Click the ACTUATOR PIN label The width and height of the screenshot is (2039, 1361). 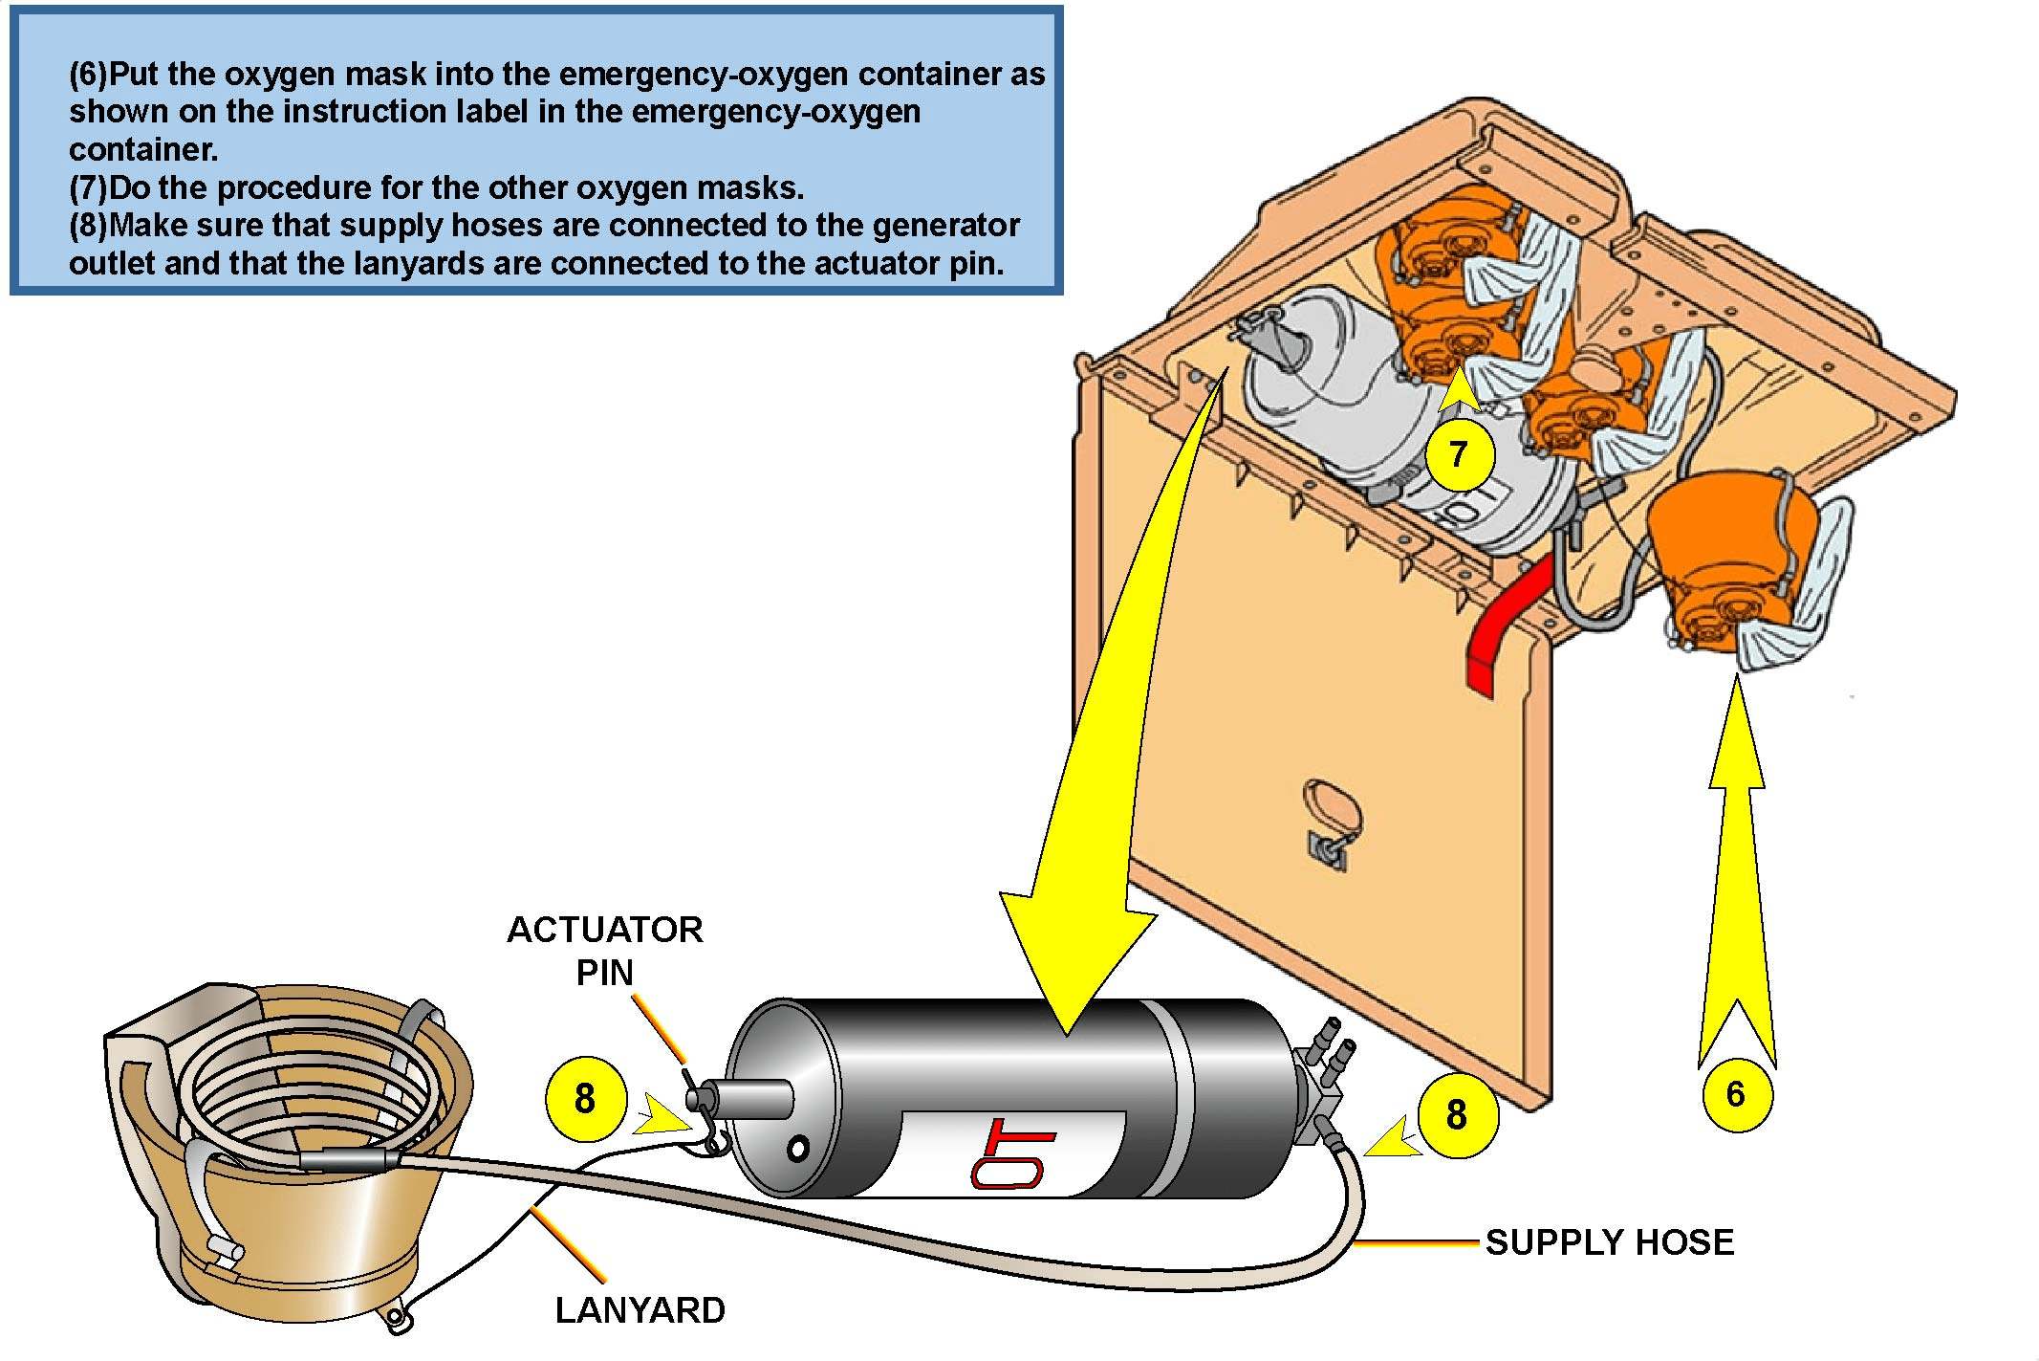(x=605, y=951)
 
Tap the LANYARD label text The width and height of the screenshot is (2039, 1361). (x=640, y=1310)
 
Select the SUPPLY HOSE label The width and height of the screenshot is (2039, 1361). (x=1610, y=1242)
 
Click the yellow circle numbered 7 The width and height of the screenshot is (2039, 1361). (x=1459, y=454)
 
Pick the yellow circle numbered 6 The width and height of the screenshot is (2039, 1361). (x=1737, y=1094)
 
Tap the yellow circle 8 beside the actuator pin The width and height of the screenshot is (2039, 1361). (x=585, y=1099)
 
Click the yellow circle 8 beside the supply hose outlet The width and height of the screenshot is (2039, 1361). (x=1457, y=1115)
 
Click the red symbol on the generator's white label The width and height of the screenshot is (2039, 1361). (x=1011, y=1153)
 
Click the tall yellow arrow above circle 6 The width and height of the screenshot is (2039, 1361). (x=1737, y=870)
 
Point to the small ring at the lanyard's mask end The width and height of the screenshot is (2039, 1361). (x=397, y=1319)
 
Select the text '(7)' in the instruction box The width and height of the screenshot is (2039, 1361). (x=88, y=187)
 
